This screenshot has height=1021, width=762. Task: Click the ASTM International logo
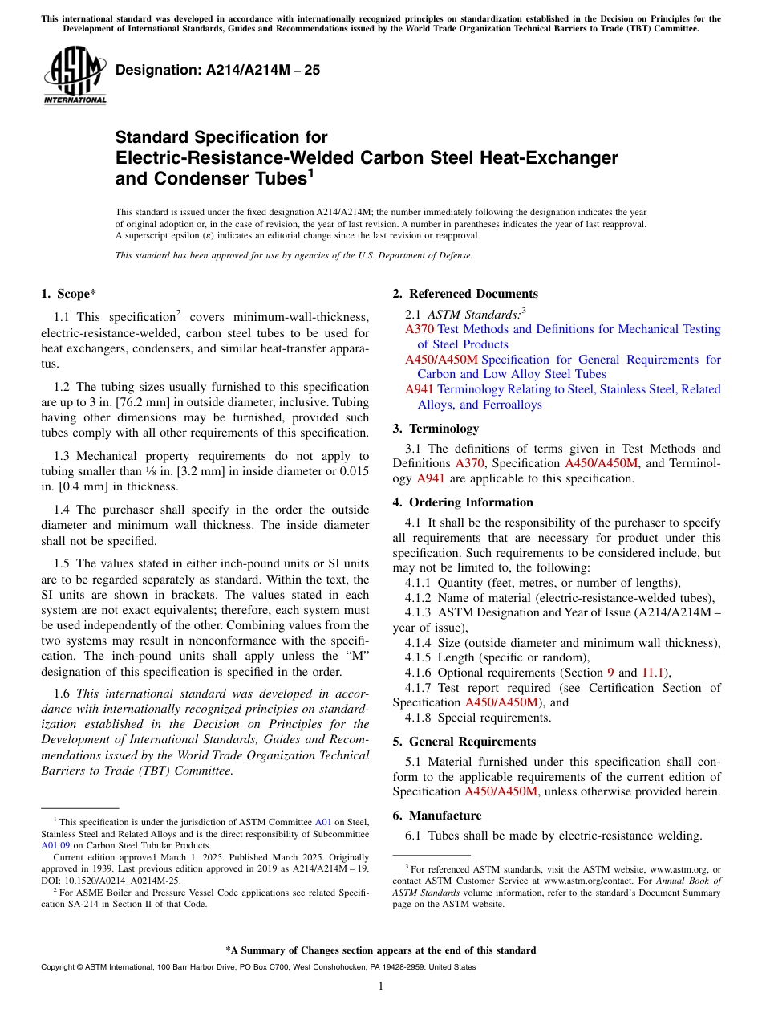75,76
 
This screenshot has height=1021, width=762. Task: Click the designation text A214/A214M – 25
217,71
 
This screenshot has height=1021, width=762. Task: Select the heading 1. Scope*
69,294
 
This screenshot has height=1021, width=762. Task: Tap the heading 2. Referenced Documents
465,294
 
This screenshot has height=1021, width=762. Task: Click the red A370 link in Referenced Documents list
420,329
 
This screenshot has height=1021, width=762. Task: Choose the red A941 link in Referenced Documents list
420,389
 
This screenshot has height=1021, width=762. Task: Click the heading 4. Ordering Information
463,502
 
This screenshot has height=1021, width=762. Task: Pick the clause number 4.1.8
420,718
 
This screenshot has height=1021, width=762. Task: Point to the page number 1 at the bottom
381,986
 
